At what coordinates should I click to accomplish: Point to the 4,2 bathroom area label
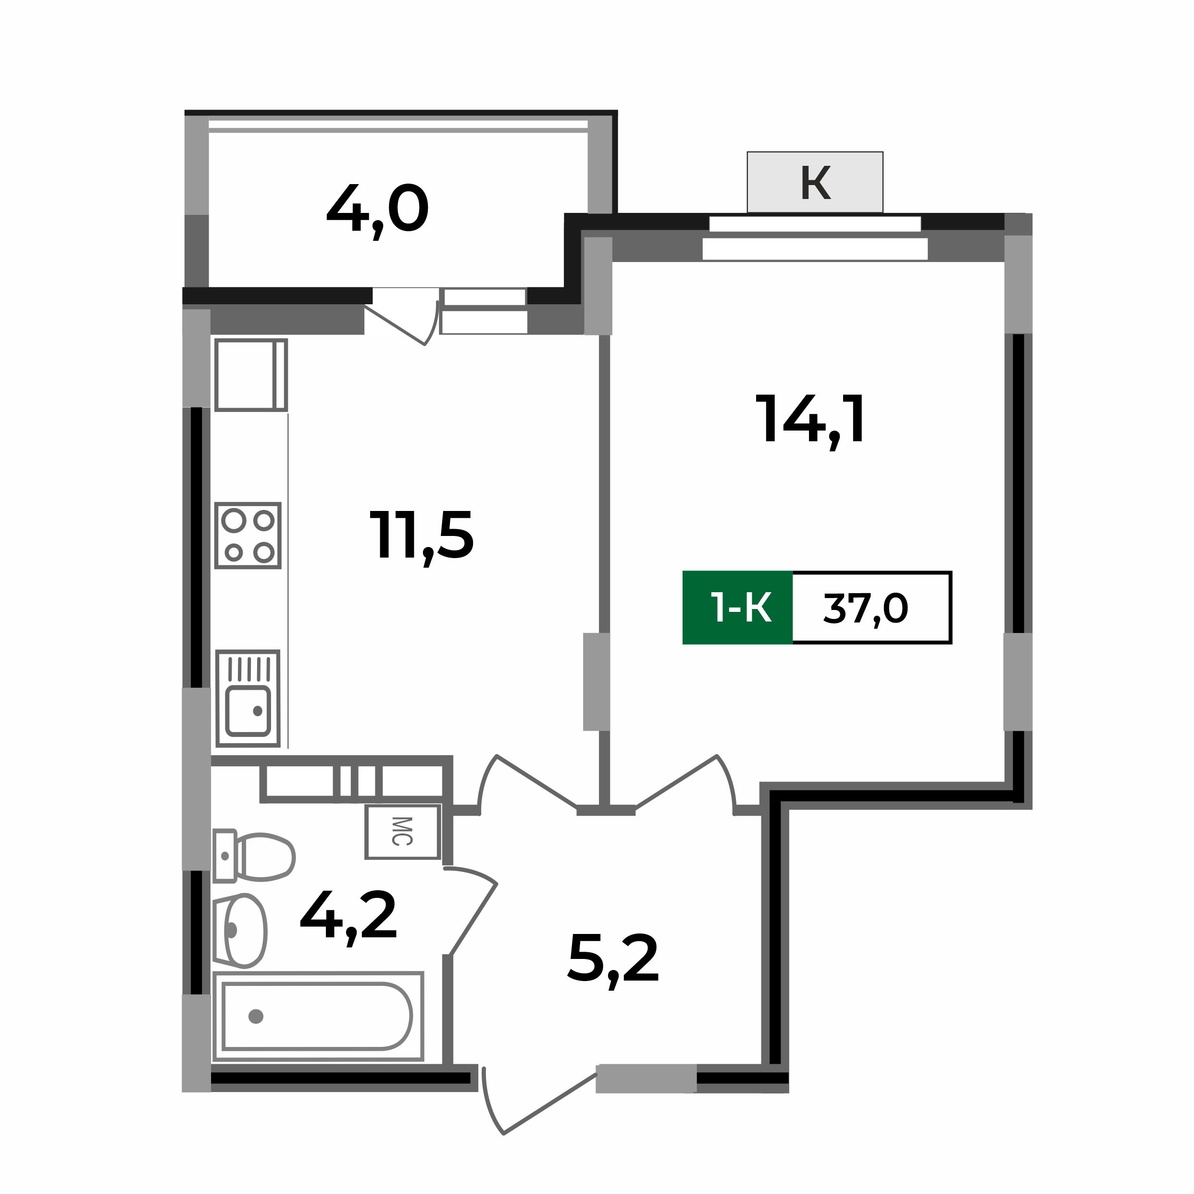pos(348,917)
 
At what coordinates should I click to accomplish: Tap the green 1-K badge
pos(737,608)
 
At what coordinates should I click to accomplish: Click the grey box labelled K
pos(815,182)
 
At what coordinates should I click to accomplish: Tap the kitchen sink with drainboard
pos(249,699)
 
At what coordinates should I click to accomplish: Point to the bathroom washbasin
pos(242,930)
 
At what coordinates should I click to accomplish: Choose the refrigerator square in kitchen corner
pos(250,374)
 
